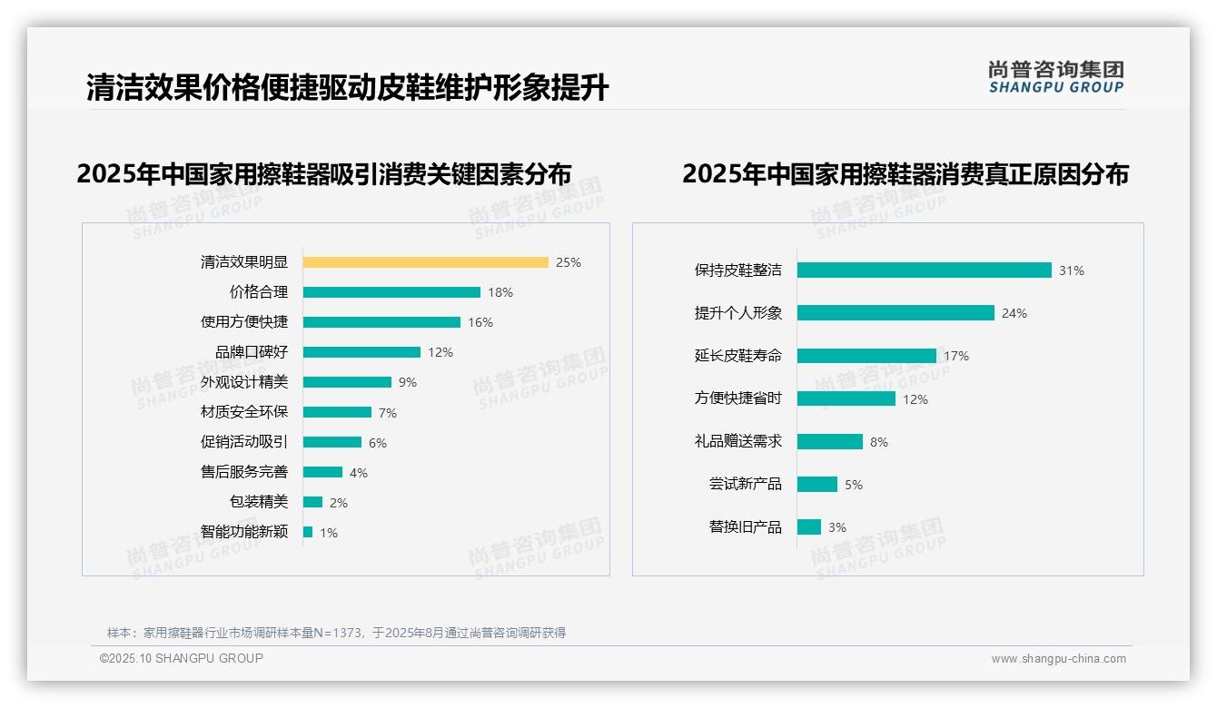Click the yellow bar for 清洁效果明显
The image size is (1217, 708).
click(x=425, y=262)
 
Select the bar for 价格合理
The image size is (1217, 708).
click(x=391, y=292)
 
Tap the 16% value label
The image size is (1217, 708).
click(x=480, y=322)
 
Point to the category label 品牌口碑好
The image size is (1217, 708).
click(x=252, y=352)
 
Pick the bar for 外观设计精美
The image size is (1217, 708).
click(x=347, y=382)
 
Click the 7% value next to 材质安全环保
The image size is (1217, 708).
click(x=388, y=413)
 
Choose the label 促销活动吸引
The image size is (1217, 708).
click(x=244, y=442)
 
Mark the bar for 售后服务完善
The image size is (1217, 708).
click(x=322, y=472)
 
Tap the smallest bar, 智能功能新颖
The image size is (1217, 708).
click(x=308, y=532)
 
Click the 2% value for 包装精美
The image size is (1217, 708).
click(x=339, y=503)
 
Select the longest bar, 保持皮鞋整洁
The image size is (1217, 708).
click(x=924, y=270)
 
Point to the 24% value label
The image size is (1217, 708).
click(x=1014, y=313)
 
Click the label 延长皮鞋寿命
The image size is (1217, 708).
click(x=738, y=356)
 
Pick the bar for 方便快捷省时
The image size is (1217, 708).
click(x=846, y=398)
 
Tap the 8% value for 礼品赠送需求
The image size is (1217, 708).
click(x=879, y=442)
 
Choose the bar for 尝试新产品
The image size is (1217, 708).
click(x=816, y=485)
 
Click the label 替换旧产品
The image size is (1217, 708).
click(x=746, y=527)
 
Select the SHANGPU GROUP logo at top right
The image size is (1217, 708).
click(x=1056, y=77)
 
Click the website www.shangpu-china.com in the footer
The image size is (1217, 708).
click(x=1058, y=659)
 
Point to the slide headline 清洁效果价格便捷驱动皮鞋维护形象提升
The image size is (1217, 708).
click(x=347, y=88)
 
